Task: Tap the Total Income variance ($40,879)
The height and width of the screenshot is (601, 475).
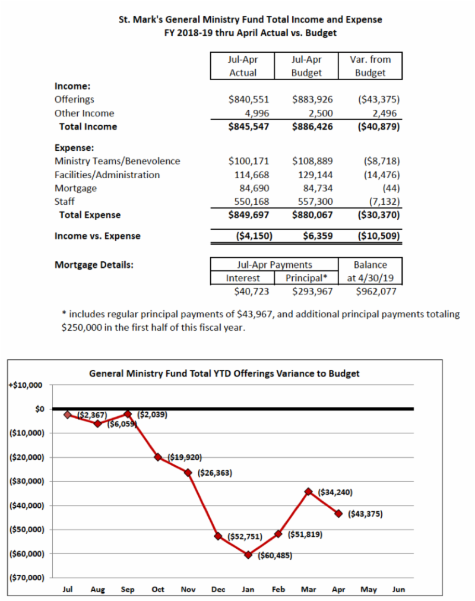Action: [x=377, y=126]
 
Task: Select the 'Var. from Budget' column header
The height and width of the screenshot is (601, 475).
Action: [x=370, y=66]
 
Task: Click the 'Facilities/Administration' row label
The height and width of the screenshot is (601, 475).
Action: [x=107, y=175]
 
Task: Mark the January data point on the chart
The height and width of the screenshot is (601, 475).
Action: [x=248, y=555]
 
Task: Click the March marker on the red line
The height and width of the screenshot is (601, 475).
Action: [x=308, y=492]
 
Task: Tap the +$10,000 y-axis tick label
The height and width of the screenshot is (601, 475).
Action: [x=26, y=385]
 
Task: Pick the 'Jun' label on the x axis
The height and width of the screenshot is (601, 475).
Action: [x=398, y=590]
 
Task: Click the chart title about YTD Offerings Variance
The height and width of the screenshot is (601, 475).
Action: [x=224, y=374]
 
